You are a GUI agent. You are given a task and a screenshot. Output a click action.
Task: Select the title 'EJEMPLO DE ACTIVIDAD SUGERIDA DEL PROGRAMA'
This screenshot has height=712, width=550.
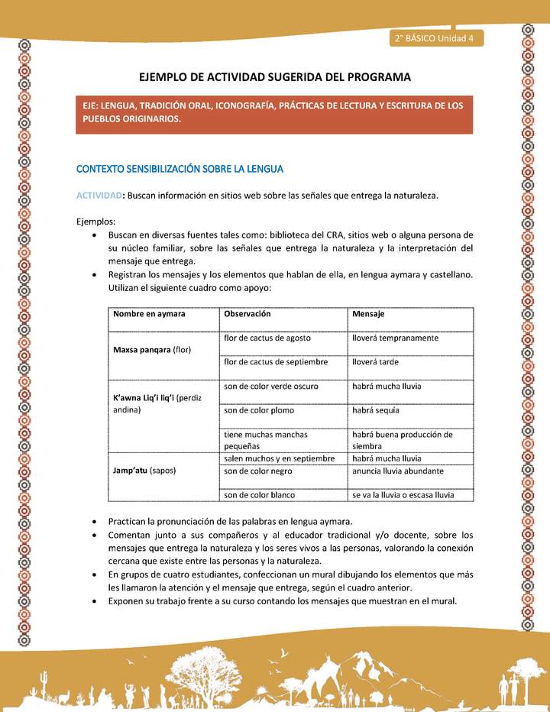tap(274, 77)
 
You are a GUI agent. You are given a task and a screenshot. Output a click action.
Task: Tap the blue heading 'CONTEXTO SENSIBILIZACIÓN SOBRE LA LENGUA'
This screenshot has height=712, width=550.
tap(180, 168)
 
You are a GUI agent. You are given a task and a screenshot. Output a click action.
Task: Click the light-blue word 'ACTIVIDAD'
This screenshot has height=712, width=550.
tap(99, 196)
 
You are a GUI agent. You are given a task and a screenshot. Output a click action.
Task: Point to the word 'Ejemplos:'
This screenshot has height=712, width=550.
tap(95, 220)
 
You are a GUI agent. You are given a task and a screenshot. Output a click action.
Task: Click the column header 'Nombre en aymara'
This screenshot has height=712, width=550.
tap(149, 314)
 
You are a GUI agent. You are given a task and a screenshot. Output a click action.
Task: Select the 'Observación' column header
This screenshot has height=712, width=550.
tap(247, 314)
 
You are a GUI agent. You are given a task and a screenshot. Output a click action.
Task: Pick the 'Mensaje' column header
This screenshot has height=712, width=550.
tap(368, 314)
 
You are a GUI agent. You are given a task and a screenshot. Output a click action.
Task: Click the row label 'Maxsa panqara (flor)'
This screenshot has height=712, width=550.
tap(153, 350)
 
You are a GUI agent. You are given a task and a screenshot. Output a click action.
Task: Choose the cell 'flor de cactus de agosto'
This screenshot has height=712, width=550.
tap(267, 338)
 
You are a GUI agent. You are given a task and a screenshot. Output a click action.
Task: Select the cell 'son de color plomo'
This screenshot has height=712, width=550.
tap(260, 410)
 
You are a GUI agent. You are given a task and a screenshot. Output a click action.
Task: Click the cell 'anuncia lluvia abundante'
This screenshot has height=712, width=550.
tap(397, 471)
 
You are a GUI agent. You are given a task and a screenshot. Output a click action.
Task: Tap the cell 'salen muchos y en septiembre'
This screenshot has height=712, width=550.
tap(279, 458)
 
